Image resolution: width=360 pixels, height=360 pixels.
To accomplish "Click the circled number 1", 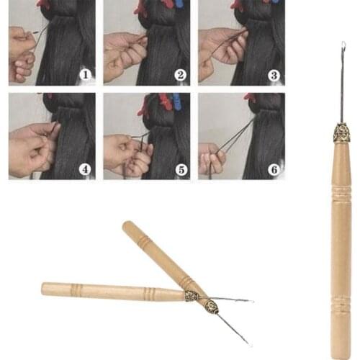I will tap(86, 74).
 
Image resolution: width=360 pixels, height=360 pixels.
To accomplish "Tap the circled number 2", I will tap(181, 74).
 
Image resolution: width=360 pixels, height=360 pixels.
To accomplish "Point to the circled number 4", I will tap(86, 170).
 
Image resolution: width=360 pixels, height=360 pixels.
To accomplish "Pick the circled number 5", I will tap(181, 170).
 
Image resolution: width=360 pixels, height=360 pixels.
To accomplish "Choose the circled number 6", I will tap(274, 170).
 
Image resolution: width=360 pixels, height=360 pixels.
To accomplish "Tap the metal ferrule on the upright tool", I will tap(341, 132).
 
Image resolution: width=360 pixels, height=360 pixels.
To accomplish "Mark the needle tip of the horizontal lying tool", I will tap(251, 300).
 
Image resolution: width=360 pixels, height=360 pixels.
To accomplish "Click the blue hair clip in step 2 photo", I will tap(178, 4).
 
